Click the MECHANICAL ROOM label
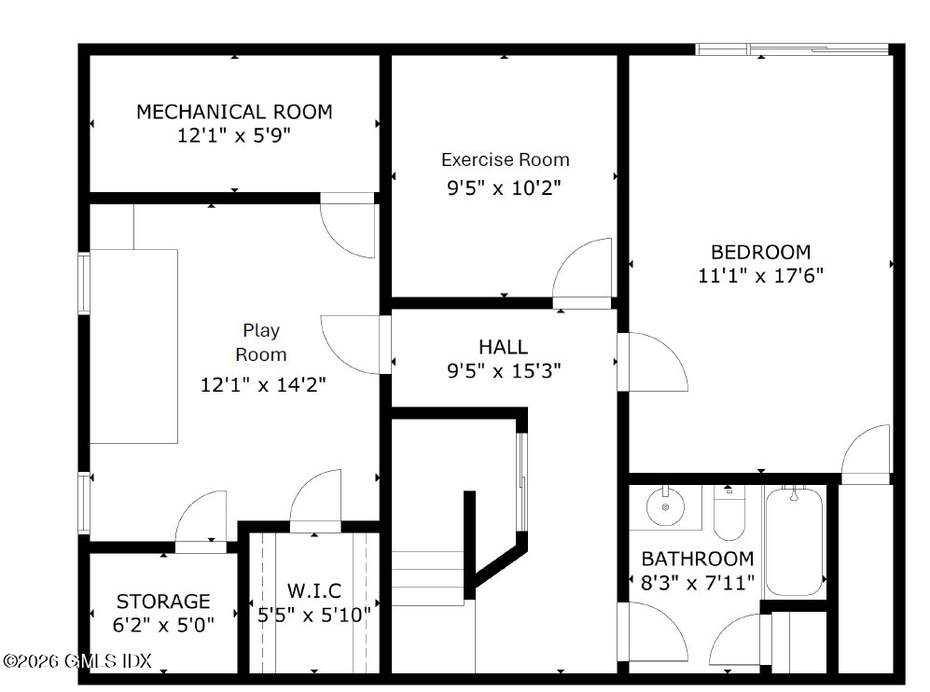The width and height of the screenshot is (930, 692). pyautogui.click(x=234, y=112)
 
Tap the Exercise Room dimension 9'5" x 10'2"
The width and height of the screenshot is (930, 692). pyautogui.click(x=504, y=188)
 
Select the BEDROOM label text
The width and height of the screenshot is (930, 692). pyautogui.click(x=761, y=252)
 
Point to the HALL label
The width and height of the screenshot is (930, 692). pyautogui.click(x=504, y=346)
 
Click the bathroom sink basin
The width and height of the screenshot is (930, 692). pyautogui.click(x=665, y=506)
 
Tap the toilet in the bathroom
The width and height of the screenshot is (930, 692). pyautogui.click(x=729, y=512)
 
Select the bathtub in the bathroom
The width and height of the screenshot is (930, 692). pyautogui.click(x=794, y=542)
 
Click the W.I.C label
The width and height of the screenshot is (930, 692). pyautogui.click(x=314, y=590)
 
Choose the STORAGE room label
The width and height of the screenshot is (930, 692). pyautogui.click(x=163, y=602)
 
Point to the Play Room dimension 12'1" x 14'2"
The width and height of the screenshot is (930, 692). pyautogui.click(x=263, y=385)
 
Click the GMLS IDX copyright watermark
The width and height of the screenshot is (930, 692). pyautogui.click(x=77, y=660)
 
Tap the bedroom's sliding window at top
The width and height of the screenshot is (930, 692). pyautogui.click(x=792, y=49)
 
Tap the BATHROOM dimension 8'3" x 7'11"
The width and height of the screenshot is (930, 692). pyautogui.click(x=698, y=583)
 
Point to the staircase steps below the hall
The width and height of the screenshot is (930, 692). pyautogui.click(x=427, y=578)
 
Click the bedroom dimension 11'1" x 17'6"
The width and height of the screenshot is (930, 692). pyautogui.click(x=761, y=276)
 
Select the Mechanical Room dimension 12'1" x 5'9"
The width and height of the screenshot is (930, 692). pyautogui.click(x=234, y=136)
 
